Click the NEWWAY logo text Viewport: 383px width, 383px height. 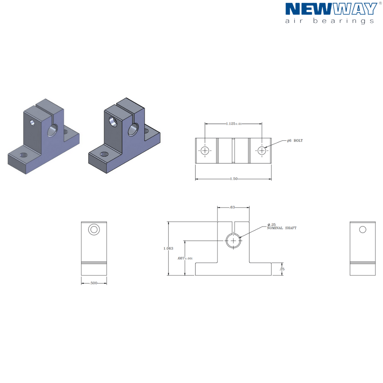click(x=331, y=9)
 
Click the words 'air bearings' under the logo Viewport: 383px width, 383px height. click(x=329, y=21)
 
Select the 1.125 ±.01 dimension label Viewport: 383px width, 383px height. click(x=234, y=124)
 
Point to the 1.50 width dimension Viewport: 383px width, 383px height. click(x=234, y=179)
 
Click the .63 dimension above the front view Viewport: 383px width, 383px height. click(x=232, y=207)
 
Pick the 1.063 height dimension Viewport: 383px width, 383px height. click(x=168, y=248)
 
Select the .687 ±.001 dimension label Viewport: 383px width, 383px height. click(x=185, y=258)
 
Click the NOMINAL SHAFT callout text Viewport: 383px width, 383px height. click(x=282, y=228)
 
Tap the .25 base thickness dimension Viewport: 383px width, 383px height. click(x=282, y=269)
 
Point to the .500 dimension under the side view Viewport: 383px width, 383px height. click(x=94, y=283)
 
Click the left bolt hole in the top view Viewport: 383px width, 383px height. click(x=205, y=151)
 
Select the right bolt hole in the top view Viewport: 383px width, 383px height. click(x=262, y=151)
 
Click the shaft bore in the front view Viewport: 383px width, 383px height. click(x=233, y=241)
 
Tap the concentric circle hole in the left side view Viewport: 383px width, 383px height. click(x=94, y=229)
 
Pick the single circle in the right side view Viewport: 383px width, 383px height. click(x=363, y=229)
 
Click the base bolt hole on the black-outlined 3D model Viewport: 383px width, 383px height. click(x=104, y=154)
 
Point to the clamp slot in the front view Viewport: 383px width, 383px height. click(x=233, y=227)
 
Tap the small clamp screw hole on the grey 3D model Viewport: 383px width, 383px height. click(x=33, y=122)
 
